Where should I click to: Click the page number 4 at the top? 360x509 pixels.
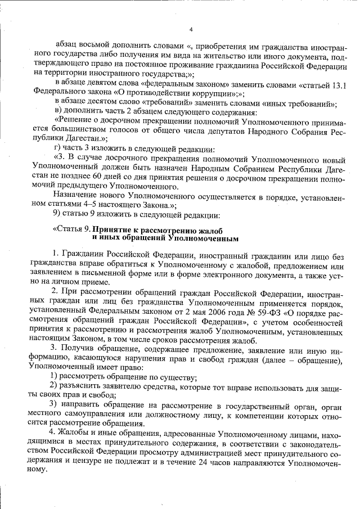[x=191, y=29]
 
